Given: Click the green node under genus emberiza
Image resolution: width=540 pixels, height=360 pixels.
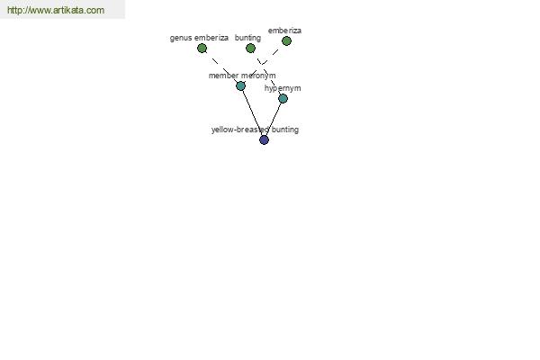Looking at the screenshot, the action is [x=202, y=49].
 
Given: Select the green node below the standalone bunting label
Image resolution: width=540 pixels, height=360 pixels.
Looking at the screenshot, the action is [x=251, y=49].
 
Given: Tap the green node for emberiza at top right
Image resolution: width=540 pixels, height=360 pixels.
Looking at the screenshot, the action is [x=286, y=41].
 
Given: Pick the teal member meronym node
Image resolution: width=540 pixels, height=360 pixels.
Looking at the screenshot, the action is [x=240, y=85].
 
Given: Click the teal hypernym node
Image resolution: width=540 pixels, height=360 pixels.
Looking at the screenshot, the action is [x=283, y=99].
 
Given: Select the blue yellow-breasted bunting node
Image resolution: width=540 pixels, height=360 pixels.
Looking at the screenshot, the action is [x=264, y=139].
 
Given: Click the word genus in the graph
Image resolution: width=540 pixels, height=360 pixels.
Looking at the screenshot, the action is [x=181, y=38].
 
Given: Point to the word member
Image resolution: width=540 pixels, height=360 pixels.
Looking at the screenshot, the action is [x=223, y=76].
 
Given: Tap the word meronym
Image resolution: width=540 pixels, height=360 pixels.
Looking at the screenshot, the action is [x=258, y=76].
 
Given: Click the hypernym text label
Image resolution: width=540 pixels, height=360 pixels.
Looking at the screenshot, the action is [x=283, y=88].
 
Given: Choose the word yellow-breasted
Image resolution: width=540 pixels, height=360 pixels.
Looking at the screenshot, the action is [x=240, y=130].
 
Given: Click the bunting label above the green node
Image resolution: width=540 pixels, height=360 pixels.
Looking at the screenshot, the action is [x=248, y=38].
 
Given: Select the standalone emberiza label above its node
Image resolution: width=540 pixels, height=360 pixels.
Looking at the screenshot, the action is [x=284, y=31].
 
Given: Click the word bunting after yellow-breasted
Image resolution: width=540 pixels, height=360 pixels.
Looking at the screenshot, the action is [x=285, y=130].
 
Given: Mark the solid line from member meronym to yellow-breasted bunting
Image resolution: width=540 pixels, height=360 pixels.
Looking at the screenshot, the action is [x=253, y=112].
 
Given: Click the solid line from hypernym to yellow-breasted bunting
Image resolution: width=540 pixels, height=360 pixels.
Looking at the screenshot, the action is [x=274, y=119].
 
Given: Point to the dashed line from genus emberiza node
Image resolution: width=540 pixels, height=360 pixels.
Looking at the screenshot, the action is [x=221, y=67].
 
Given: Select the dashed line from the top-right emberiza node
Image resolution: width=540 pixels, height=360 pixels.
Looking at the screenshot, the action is [x=264, y=63].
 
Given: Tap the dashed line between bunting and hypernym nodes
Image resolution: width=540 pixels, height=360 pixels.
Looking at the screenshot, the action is [x=267, y=74].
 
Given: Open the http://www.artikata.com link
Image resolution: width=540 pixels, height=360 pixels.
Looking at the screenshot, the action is [x=56, y=10].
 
